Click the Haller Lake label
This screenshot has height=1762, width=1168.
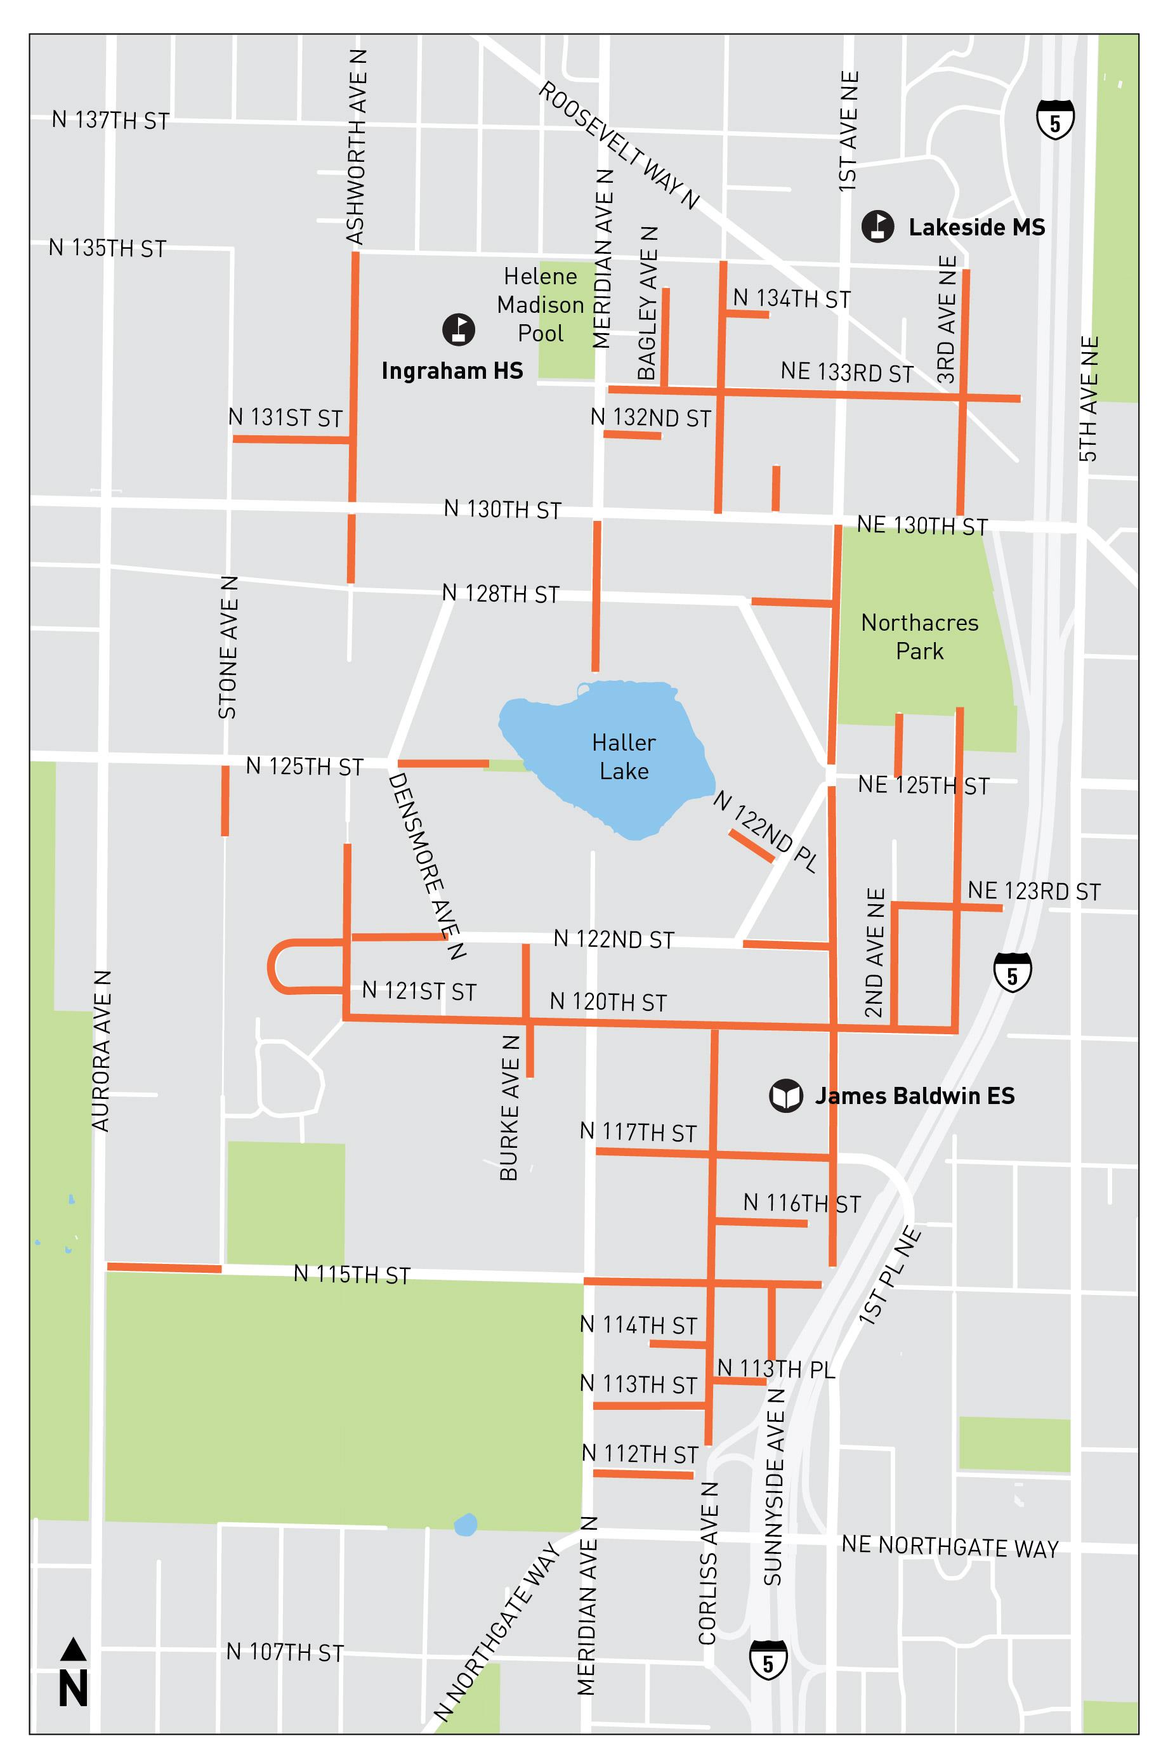[x=624, y=756]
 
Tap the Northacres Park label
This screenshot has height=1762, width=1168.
[x=919, y=637]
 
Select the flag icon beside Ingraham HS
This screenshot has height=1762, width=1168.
[x=459, y=329]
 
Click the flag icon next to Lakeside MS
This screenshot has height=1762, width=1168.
[x=877, y=227]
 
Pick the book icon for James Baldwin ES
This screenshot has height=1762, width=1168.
[x=786, y=1096]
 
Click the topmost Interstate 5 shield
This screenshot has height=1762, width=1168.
[x=1055, y=120]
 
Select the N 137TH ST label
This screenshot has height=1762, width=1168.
[x=110, y=120]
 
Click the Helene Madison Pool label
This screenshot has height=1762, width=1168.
[x=541, y=305]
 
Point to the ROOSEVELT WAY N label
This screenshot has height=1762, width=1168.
[x=619, y=145]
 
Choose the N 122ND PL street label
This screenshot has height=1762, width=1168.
[x=765, y=832]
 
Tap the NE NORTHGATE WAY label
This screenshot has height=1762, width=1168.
[x=950, y=1547]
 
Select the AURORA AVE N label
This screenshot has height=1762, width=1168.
[x=102, y=1051]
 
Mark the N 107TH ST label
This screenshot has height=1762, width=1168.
[x=285, y=1652]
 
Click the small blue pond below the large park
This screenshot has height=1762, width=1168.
[x=466, y=1524]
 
